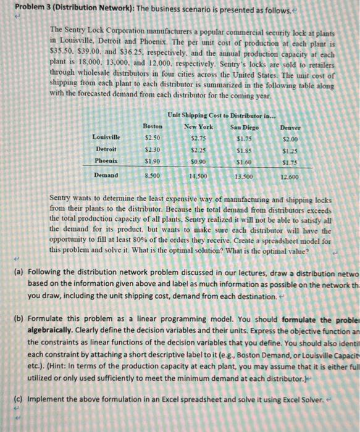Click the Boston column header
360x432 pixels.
[x=153, y=126]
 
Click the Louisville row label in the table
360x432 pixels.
[x=106, y=137]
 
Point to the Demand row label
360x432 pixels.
[x=106, y=176]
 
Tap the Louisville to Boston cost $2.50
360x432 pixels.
[x=153, y=137]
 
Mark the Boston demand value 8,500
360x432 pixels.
[x=153, y=176]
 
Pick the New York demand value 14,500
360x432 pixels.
[x=199, y=177]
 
